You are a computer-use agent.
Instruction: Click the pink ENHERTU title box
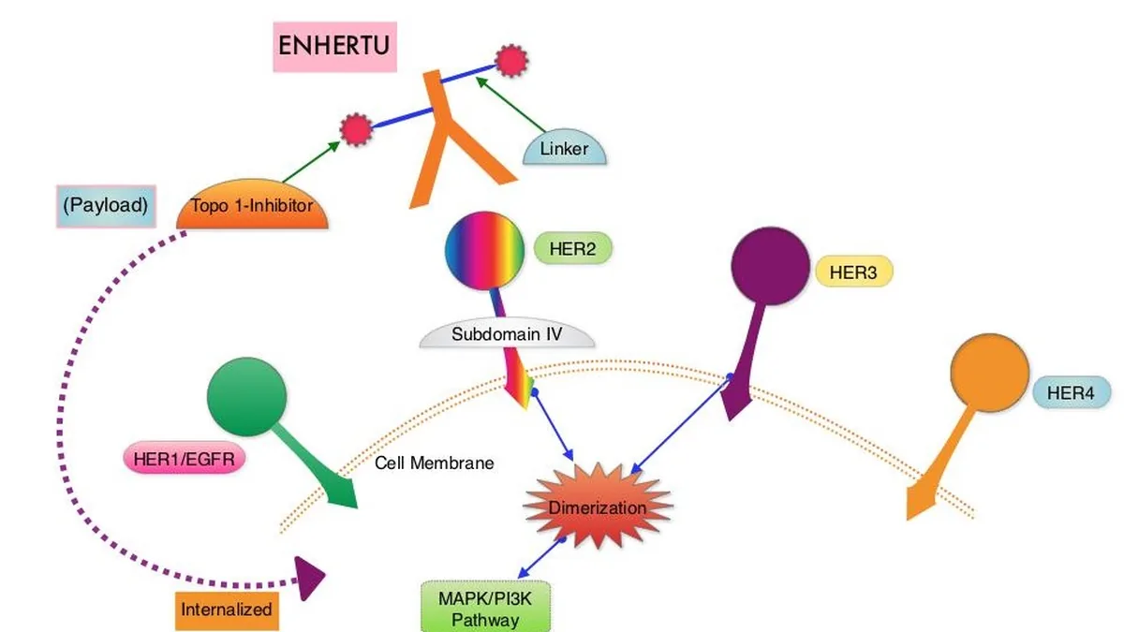334,47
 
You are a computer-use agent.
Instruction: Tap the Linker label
565,148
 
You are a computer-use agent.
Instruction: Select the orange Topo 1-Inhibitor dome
252,205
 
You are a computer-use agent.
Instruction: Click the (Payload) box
106,206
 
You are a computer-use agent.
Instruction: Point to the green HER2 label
572,248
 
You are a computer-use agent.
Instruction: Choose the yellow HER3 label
853,272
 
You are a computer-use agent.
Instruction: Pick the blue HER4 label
1071,391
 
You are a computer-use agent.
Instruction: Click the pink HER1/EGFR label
185,458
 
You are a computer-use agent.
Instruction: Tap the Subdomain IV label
507,333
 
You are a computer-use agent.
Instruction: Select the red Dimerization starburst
598,506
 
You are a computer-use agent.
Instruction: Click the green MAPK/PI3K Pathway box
485,607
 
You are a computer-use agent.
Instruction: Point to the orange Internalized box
227,610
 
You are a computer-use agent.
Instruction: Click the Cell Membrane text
434,463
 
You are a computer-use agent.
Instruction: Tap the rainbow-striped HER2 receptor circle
485,251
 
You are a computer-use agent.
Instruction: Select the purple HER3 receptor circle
770,266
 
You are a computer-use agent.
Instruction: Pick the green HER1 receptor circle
247,397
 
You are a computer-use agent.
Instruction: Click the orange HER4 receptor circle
989,374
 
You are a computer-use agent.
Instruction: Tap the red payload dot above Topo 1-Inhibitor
356,129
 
